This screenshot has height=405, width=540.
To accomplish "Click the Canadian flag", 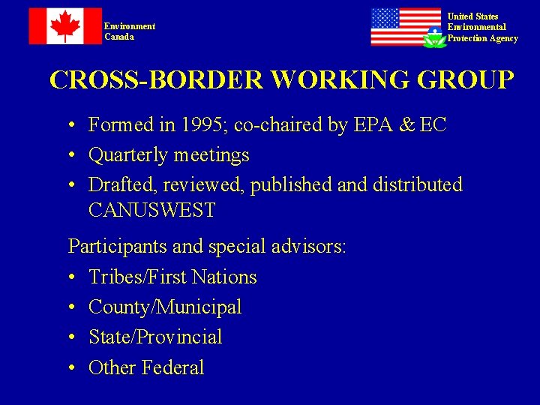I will coord(64,26).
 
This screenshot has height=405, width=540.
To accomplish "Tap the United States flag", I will coord(405,26).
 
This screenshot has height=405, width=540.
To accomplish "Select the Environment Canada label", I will coord(130,31).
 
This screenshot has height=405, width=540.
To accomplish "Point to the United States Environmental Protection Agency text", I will coord(482,28).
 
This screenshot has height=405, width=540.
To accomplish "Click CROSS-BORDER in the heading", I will coord(156,80).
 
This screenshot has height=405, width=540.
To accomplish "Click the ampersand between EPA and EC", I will coord(406,125).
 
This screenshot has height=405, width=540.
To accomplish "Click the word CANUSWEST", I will coord(151,211).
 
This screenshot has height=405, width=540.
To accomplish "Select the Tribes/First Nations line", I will coord(172,277).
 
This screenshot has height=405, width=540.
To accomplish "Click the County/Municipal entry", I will coord(165,307).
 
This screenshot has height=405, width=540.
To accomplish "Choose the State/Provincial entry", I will coord(155,337).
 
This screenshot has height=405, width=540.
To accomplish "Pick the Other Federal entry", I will coord(146,367).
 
